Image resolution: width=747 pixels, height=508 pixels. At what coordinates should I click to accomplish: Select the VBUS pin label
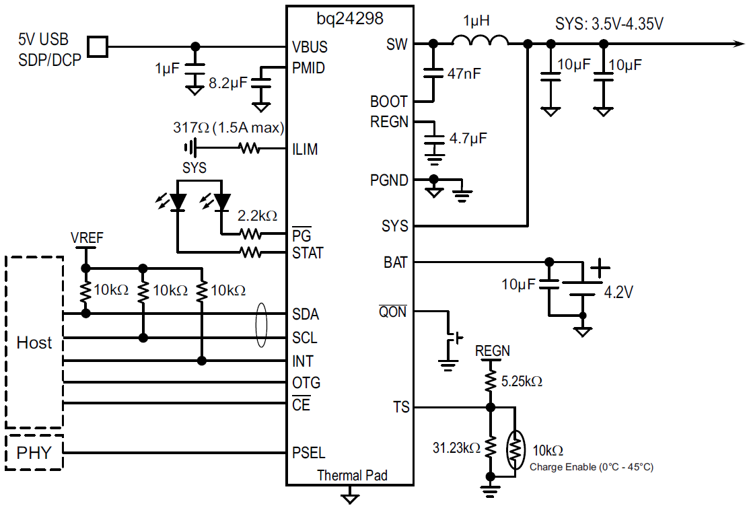(x=310, y=48)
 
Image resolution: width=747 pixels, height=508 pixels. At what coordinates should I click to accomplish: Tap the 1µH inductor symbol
(x=480, y=42)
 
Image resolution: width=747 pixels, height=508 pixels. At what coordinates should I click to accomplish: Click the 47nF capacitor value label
(x=464, y=74)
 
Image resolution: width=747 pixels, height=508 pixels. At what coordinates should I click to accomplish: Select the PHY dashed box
(x=34, y=453)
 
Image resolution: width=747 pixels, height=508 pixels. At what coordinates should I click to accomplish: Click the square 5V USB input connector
(x=98, y=46)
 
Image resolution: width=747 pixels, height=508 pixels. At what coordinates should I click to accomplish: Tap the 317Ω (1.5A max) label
(x=229, y=128)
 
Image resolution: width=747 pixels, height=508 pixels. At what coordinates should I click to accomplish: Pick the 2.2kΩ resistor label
(x=257, y=216)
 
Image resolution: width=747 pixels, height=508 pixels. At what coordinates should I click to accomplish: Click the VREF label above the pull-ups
(x=87, y=238)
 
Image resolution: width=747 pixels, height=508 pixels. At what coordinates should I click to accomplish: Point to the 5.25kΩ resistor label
(x=522, y=382)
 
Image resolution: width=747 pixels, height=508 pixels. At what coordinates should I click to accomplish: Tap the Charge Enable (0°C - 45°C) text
(x=592, y=466)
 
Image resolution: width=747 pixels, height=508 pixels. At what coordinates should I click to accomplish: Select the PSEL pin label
(x=309, y=452)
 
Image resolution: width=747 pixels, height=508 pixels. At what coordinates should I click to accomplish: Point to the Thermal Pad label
(x=352, y=475)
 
